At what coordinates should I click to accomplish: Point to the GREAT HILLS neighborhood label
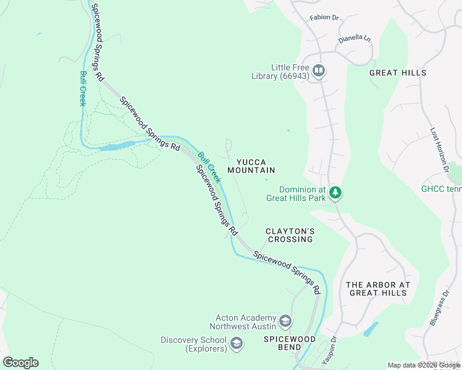point(398,73)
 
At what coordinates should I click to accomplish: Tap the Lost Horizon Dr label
point(439,149)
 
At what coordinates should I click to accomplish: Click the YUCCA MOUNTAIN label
point(251,166)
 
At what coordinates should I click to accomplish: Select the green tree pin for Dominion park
point(335,193)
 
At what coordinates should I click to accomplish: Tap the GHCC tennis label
point(441,189)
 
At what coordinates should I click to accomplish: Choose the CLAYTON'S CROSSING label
point(290,235)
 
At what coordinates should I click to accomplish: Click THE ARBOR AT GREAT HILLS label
point(378,289)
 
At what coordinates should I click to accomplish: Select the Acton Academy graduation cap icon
point(285,321)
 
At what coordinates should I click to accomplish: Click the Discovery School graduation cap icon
point(236,343)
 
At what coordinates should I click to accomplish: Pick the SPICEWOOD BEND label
point(290,343)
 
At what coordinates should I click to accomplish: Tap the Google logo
point(20,362)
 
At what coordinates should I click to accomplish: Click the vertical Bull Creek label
point(83,89)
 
